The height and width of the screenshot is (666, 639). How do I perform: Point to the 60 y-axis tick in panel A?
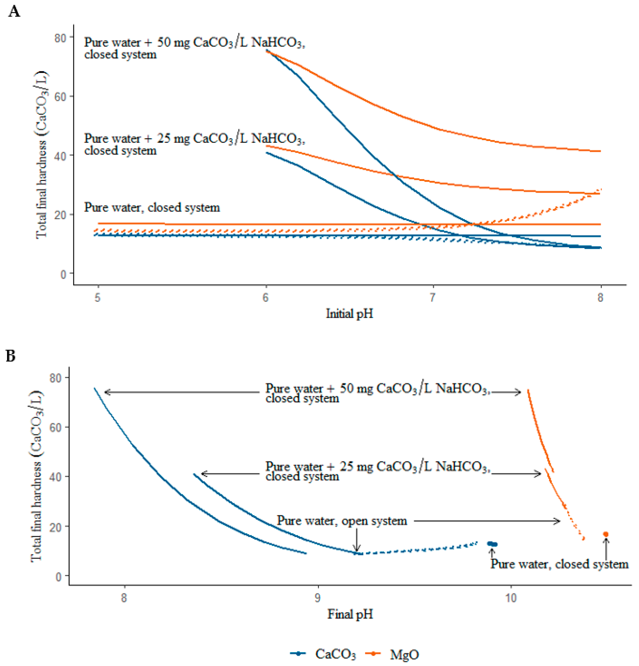[x=60, y=96]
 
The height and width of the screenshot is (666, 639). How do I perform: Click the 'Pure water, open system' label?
[x=342, y=521]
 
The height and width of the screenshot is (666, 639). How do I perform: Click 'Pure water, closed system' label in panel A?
[x=152, y=207]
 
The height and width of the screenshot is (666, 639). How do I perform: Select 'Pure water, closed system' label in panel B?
[x=559, y=564]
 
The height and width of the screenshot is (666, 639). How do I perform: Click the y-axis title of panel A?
[x=42, y=155]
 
